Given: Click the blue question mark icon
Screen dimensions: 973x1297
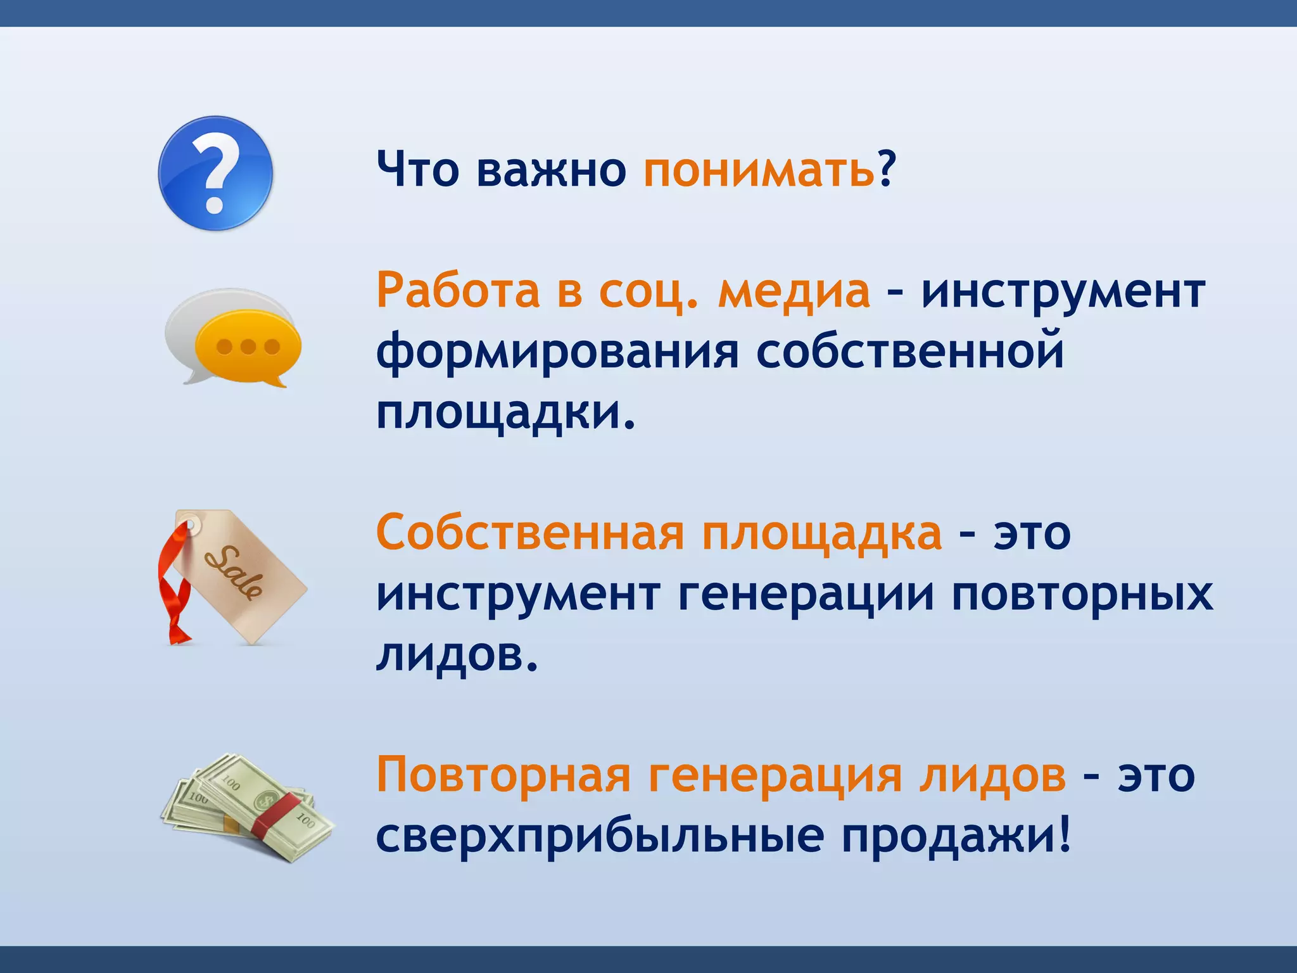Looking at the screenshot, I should click(x=215, y=173).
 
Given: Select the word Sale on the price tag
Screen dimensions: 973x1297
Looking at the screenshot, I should click(x=233, y=572).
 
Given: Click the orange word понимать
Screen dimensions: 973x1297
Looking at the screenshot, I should click(x=759, y=170).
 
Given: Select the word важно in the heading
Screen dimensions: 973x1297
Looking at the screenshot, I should click(x=551, y=170).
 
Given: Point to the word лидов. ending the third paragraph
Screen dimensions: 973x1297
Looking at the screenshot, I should click(x=456, y=655).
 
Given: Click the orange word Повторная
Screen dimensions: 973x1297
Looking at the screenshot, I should click(x=503, y=775).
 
